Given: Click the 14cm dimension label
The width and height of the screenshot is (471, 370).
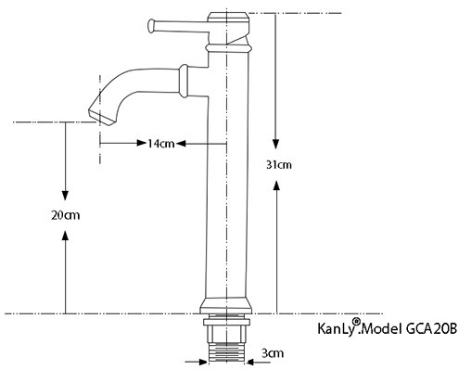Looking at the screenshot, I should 160,143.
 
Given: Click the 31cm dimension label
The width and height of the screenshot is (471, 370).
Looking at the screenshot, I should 278,165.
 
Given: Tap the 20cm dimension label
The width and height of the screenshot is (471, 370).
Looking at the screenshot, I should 65,215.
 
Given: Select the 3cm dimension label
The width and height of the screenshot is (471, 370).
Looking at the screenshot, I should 271,353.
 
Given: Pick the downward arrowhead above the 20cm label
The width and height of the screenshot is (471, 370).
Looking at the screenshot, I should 65,194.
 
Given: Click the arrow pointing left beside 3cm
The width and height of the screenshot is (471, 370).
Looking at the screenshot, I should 248,353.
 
